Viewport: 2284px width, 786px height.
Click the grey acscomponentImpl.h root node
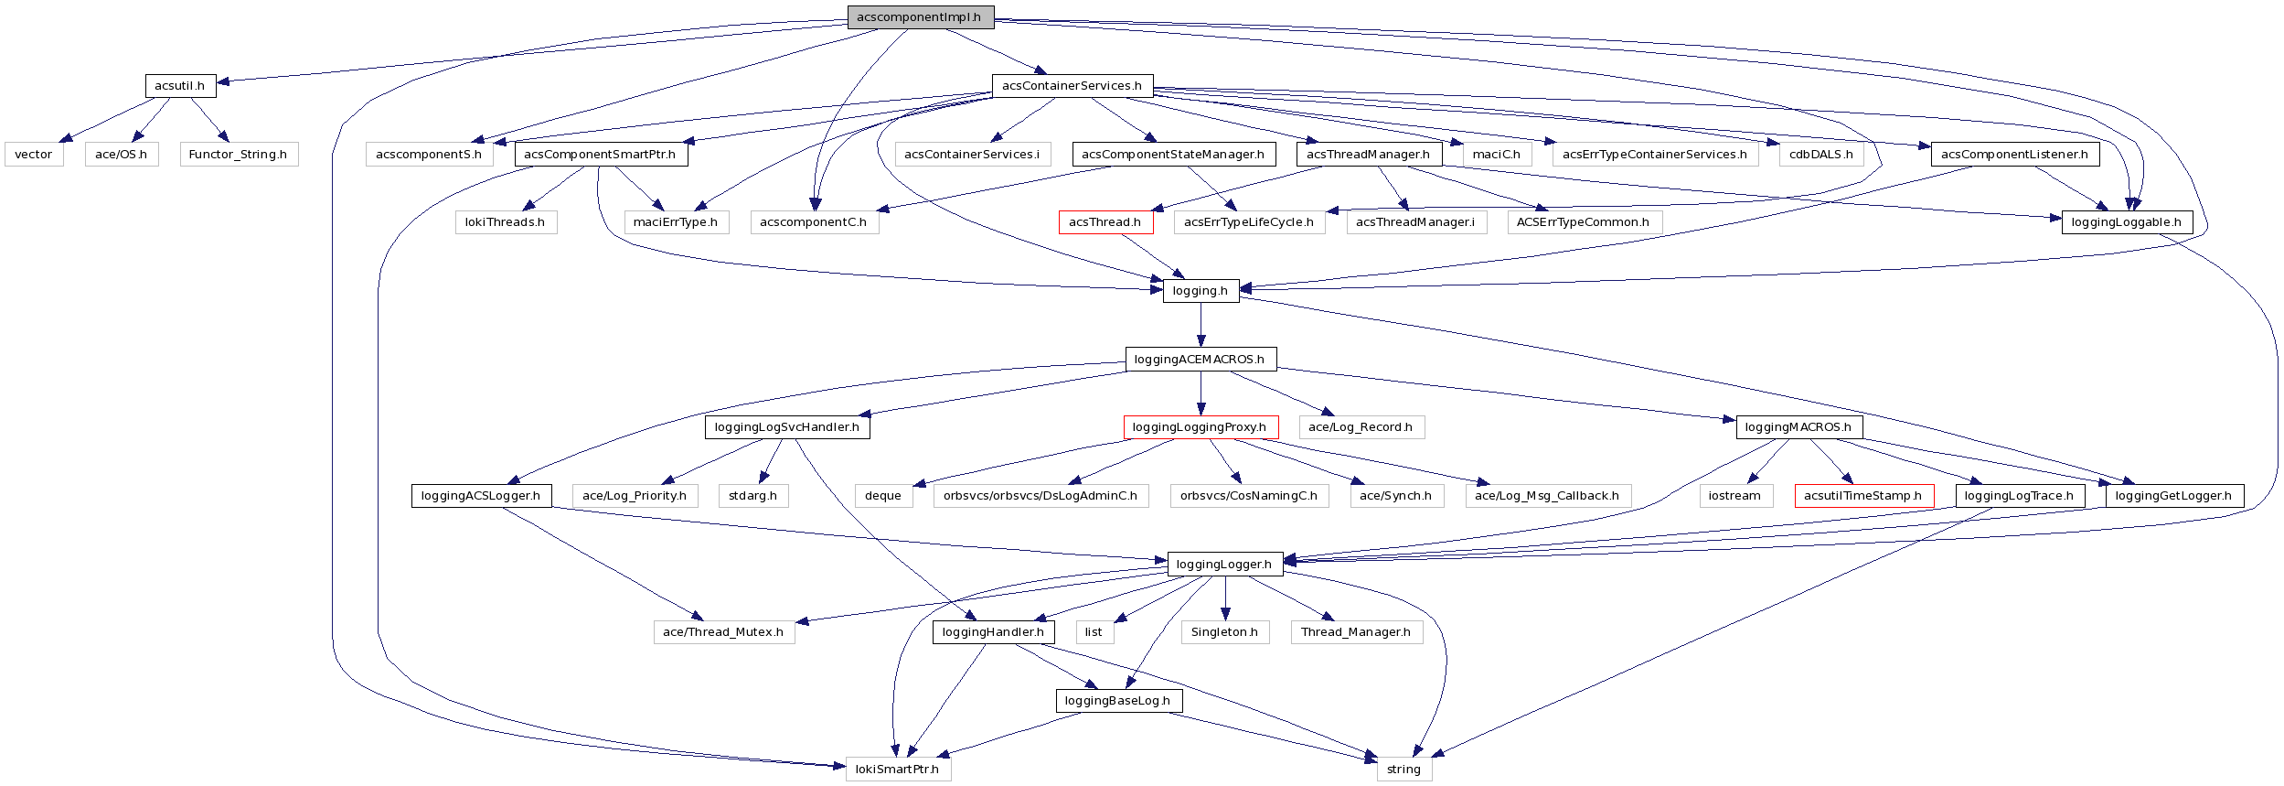[920, 17]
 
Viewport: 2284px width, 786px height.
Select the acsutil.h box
[180, 86]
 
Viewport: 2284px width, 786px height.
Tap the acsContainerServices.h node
[1072, 86]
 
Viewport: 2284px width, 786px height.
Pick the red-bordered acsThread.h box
[1105, 222]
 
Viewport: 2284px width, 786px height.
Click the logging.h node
[1201, 291]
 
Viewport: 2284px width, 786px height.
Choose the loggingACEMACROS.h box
[1200, 360]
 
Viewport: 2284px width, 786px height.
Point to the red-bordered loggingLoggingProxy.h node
[1200, 427]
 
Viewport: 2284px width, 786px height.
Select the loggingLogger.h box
[1224, 565]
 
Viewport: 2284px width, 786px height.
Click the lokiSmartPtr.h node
[898, 770]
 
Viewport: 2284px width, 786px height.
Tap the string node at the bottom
[1403, 770]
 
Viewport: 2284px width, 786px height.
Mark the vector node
[34, 155]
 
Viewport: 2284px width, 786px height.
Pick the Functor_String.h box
[238, 155]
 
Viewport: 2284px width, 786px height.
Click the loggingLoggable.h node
[2126, 222]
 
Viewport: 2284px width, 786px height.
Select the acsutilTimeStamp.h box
[1863, 496]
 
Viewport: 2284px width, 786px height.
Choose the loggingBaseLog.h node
[1118, 701]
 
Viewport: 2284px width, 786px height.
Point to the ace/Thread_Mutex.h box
[723, 632]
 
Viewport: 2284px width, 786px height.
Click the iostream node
[1734, 496]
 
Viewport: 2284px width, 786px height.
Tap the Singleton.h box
[1224, 632]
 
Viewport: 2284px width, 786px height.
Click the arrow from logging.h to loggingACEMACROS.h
[1201, 325]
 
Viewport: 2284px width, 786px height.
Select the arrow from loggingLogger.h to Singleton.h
[1225, 598]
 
